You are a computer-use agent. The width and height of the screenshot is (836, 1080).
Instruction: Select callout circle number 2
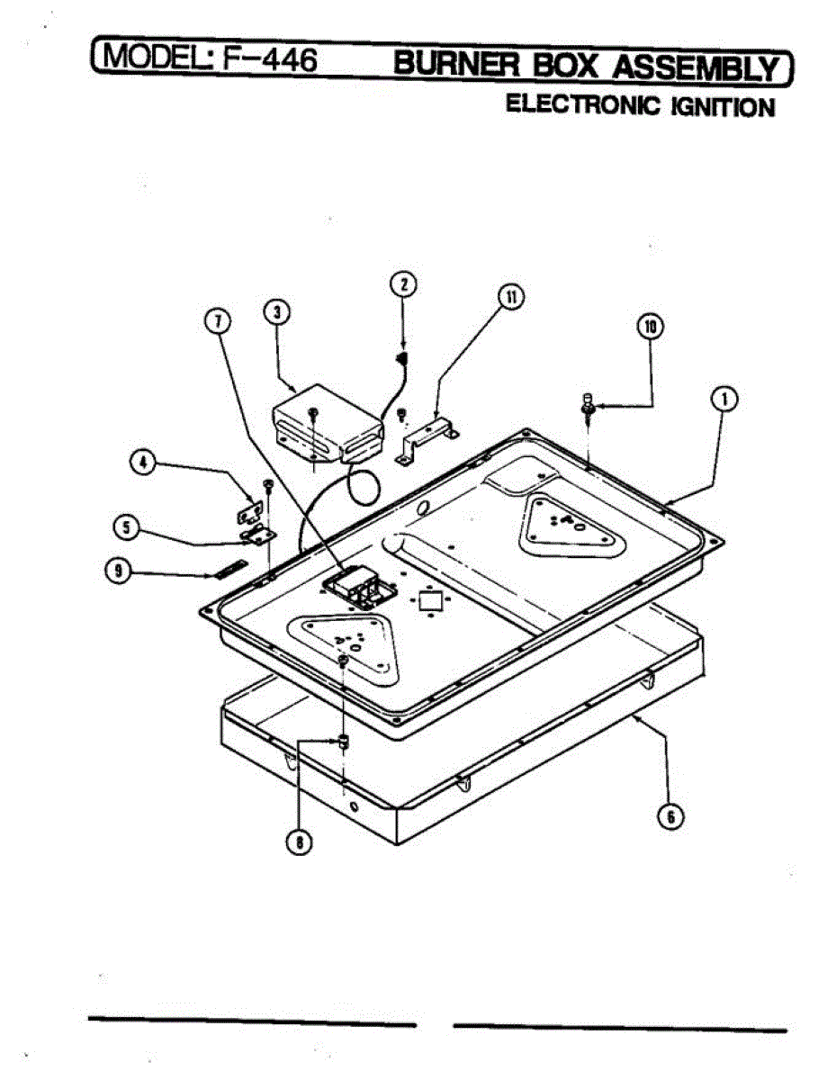[403, 284]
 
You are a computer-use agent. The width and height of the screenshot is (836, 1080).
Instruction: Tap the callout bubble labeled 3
[277, 312]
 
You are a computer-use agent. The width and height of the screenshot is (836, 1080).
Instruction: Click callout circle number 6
[670, 816]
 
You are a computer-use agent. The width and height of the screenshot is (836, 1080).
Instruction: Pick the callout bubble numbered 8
[299, 841]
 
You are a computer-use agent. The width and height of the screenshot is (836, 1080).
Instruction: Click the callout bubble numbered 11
[511, 298]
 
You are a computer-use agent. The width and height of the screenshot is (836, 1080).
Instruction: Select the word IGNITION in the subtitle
[721, 107]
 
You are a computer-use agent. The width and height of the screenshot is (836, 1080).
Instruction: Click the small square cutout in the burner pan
[429, 600]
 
